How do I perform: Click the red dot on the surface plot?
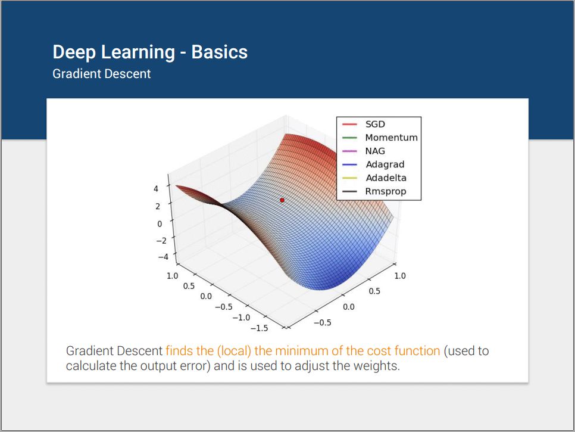click(282, 200)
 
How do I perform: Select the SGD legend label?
click(375, 124)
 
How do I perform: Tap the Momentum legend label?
click(391, 137)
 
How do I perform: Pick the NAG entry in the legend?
click(375, 151)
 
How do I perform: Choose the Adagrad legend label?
click(385, 164)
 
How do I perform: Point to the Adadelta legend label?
click(386, 178)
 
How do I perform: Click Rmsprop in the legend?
click(385, 192)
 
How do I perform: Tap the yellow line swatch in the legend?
click(349, 178)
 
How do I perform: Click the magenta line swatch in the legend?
click(349, 151)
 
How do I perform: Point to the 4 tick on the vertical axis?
click(156, 189)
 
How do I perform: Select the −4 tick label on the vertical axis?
click(163, 257)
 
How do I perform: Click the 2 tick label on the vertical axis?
click(158, 206)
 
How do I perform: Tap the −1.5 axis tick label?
click(259, 328)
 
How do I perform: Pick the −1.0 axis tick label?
click(241, 318)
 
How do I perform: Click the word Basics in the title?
click(219, 52)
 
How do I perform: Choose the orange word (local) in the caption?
click(234, 351)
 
